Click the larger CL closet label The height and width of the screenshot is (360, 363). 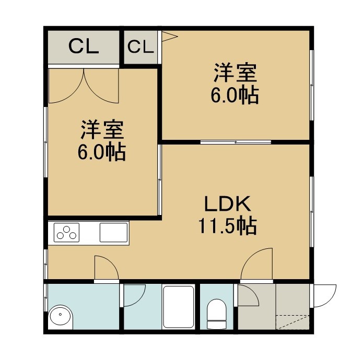coord(84,47)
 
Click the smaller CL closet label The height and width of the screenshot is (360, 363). coord(140,47)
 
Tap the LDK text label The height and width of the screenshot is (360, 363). coord(228,203)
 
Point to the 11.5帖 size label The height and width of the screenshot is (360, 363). coord(227,225)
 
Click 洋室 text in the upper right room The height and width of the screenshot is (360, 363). coord(236,73)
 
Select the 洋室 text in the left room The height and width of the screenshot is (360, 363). coord(102,129)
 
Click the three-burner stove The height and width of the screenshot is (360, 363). coord(66,232)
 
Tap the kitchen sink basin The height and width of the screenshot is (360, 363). coord(114,232)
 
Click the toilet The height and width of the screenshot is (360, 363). coord(216,314)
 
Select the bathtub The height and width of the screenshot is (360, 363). coord(178,307)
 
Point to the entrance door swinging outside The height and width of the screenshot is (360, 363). coord(324,296)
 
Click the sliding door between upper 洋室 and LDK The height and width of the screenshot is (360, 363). coord(236,142)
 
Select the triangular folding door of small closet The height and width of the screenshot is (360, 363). coord(169,37)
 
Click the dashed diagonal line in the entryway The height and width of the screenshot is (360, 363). coord(292,322)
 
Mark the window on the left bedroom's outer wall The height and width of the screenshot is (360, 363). coord(46,142)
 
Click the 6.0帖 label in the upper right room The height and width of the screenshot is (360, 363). coord(235,95)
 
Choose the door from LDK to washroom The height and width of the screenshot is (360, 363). coord(107,268)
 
